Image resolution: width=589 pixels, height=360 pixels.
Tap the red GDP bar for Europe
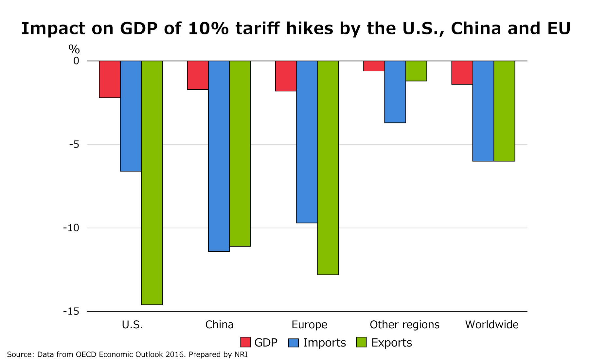286,76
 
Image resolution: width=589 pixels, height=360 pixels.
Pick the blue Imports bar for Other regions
395,92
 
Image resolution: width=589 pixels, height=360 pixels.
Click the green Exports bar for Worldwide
504,111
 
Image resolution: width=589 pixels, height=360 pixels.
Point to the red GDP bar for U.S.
110,79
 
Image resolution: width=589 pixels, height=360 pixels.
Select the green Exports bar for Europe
328,168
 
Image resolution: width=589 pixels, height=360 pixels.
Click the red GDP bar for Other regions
374,66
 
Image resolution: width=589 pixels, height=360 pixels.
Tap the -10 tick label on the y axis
71,228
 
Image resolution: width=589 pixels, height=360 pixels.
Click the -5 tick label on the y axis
74,144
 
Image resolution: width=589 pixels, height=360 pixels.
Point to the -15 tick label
71,311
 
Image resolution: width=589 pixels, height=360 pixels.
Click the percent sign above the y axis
74,49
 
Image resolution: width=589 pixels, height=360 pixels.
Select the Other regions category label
404,325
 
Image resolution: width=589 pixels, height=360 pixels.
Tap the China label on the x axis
219,325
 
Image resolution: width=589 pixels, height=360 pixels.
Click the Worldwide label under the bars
492,325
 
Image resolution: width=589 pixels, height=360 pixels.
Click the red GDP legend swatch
245,342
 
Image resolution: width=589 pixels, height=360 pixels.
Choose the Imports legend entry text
324,343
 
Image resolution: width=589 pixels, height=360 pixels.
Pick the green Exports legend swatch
361,342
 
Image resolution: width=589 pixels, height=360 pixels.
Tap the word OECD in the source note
86,354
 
